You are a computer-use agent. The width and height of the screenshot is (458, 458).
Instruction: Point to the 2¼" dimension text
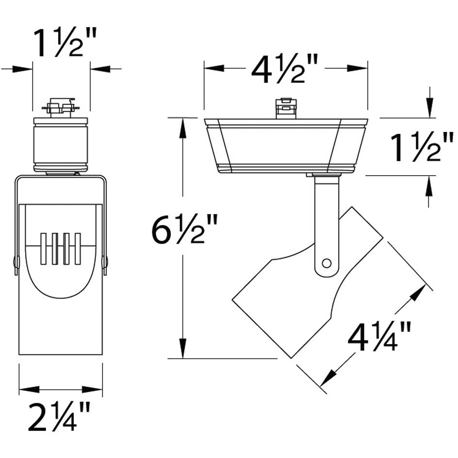tap(59, 416)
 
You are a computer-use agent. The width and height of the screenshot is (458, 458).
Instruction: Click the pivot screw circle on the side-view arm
tap(327, 263)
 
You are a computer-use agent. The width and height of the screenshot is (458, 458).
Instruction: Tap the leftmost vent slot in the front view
tap(43, 249)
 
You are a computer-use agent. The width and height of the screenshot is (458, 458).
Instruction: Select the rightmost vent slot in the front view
tap(77, 249)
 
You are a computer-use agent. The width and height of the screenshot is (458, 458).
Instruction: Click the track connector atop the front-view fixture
tap(61, 107)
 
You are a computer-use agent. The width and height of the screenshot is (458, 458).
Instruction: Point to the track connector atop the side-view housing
tap(286, 108)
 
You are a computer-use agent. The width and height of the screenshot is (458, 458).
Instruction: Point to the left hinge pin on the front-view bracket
tap(16, 262)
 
